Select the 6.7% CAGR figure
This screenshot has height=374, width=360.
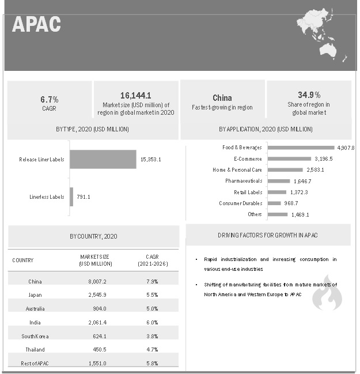point(50,99)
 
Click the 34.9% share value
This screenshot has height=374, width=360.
point(309,95)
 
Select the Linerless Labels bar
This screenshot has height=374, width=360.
point(71,197)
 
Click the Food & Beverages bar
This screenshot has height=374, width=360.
point(301,148)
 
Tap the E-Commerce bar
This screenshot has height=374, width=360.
point(289,158)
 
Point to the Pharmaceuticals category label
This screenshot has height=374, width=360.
point(244,181)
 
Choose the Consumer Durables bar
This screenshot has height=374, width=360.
point(274,203)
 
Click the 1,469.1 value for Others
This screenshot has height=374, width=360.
point(300,214)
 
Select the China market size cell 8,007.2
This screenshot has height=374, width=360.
point(96,281)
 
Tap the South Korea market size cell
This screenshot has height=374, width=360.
point(96,336)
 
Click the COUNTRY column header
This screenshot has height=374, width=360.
point(23,260)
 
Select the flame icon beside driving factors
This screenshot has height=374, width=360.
point(327,296)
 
